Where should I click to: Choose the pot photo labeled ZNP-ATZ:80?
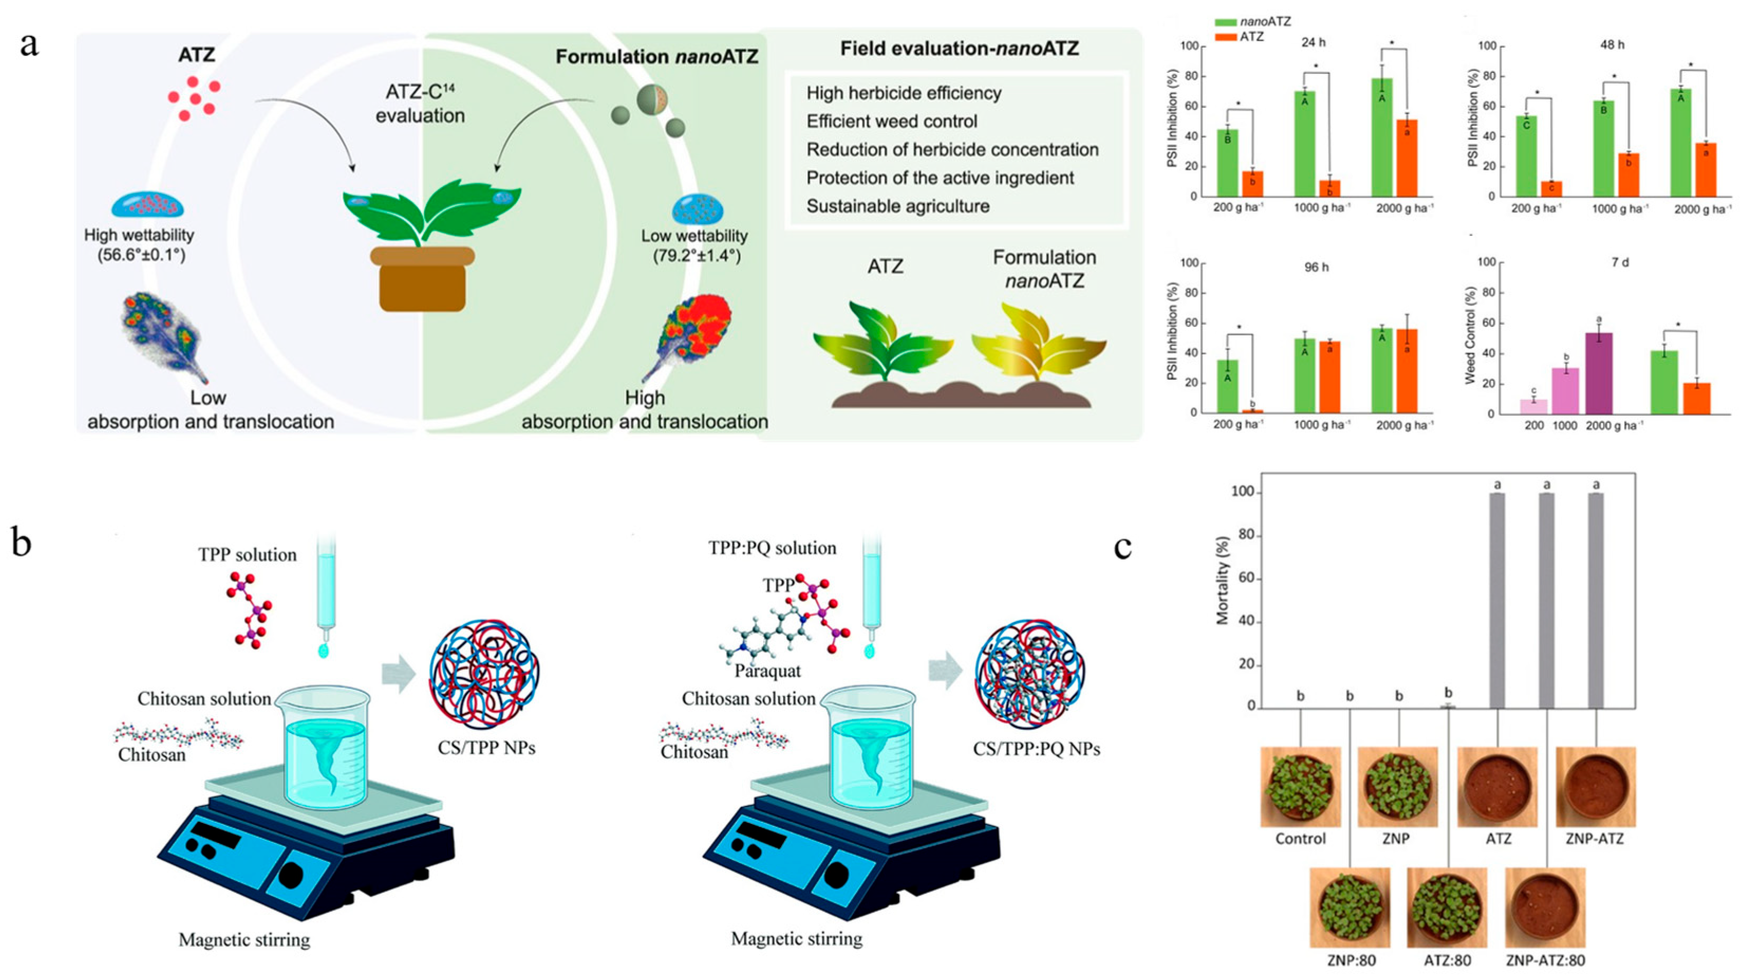1545,908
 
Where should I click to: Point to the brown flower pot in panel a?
422,278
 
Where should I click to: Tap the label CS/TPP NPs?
486,748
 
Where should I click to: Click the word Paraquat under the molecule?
767,671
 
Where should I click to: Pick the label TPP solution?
248,555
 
